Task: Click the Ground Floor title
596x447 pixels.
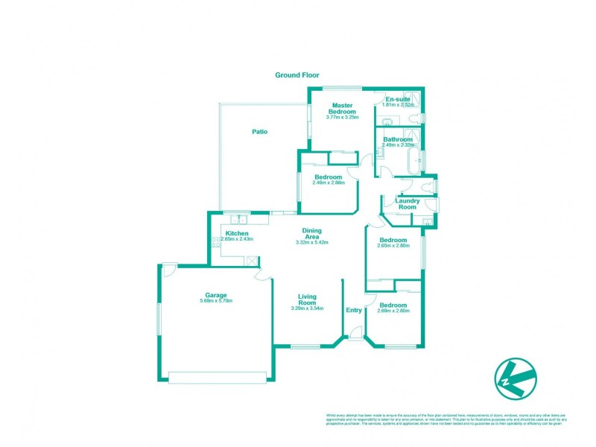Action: click(x=297, y=74)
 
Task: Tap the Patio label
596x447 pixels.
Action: click(x=259, y=132)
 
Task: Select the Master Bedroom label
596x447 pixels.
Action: click(x=342, y=108)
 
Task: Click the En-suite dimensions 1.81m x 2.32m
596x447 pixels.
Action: click(x=397, y=105)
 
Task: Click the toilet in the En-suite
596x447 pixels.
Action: click(x=422, y=118)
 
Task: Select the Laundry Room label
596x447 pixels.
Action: click(x=407, y=204)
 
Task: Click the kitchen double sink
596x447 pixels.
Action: click(x=238, y=220)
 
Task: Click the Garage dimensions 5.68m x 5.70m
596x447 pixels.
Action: click(x=216, y=300)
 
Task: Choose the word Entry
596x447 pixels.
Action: click(x=353, y=310)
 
